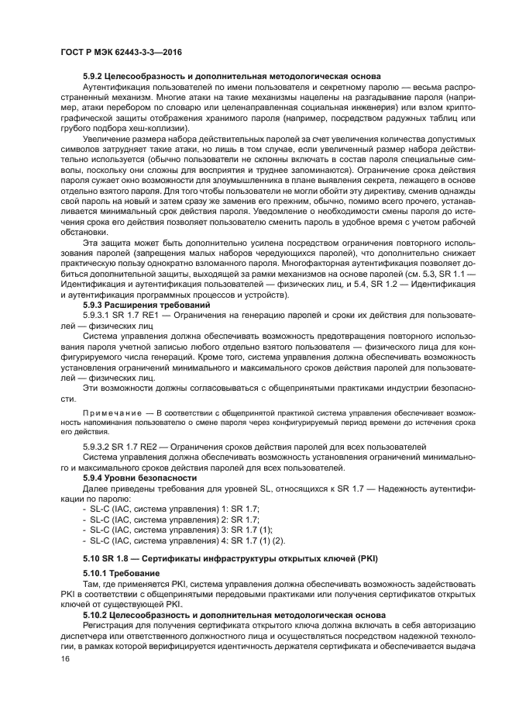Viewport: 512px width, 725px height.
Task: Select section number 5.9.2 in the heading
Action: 94,76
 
